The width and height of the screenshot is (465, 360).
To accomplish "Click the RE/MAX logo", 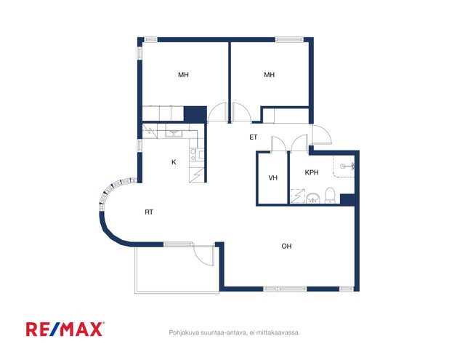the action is click(x=65, y=329).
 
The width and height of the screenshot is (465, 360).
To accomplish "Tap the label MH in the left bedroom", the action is click(x=183, y=75).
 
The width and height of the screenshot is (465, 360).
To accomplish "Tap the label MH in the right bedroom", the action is click(x=270, y=75).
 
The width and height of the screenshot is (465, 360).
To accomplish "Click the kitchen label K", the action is click(x=174, y=162).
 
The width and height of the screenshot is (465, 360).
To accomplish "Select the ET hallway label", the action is click(x=254, y=137).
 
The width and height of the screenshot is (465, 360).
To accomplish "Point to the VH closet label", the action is click(x=273, y=177).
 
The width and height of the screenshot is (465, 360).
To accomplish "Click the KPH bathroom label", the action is click(x=312, y=172).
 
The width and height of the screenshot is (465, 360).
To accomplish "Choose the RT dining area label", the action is click(x=149, y=212).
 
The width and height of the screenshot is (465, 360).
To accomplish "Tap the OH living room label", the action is click(x=286, y=246).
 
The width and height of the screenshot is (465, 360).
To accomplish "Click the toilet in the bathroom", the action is click(x=330, y=196).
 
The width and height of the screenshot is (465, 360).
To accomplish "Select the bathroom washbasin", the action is click(x=313, y=198).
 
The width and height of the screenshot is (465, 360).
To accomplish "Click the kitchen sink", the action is click(x=174, y=132).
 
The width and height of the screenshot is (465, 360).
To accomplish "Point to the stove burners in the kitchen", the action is click(x=193, y=155).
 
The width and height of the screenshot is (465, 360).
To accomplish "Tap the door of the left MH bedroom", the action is click(x=217, y=112).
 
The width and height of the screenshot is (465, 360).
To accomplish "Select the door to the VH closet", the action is click(x=279, y=144).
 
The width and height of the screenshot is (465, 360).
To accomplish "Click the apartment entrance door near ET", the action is click(x=321, y=135).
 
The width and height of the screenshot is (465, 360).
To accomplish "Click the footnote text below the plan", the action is click(x=234, y=332).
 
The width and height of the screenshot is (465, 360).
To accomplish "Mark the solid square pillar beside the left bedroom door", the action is click(x=195, y=114).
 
